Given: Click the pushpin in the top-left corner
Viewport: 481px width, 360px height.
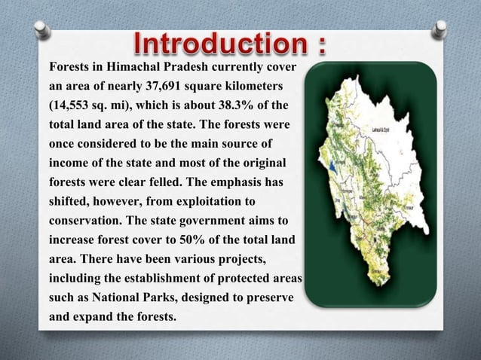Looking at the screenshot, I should pyautogui.click(x=43, y=31).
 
